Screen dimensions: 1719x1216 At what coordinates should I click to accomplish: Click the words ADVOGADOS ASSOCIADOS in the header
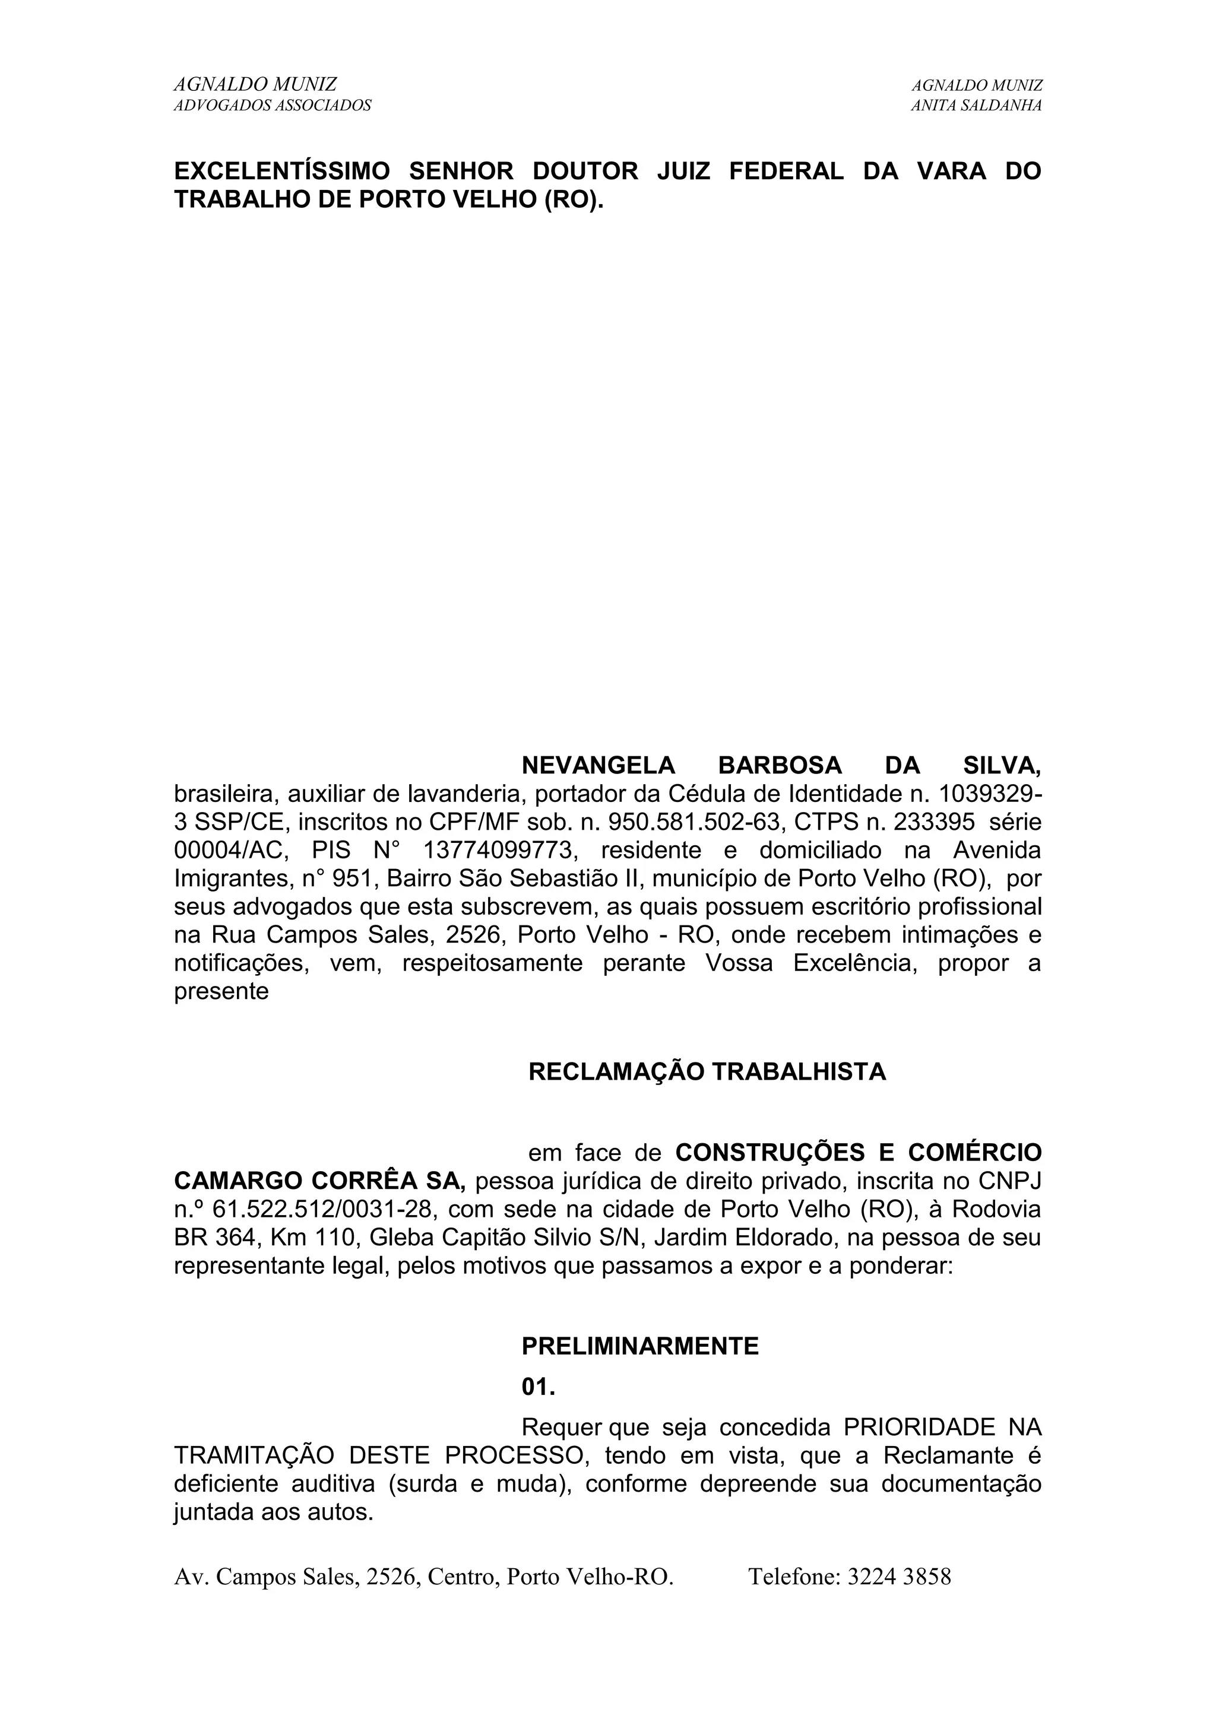point(273,106)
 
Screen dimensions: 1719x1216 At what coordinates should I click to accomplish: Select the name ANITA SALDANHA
point(976,106)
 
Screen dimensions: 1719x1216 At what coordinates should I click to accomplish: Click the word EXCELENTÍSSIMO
point(282,172)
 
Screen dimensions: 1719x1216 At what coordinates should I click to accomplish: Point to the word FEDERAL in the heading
point(786,172)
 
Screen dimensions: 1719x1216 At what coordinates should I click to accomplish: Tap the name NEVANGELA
point(598,766)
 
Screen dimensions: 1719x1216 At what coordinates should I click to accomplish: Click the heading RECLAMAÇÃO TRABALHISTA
point(707,1072)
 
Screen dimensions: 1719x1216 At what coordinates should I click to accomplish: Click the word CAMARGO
point(237,1181)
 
